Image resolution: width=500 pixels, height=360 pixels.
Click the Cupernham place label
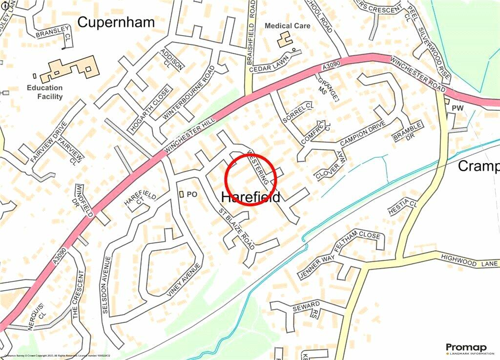[x=116, y=22]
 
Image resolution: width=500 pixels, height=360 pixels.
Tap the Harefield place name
[x=251, y=197]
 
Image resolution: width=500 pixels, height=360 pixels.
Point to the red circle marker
[x=251, y=179]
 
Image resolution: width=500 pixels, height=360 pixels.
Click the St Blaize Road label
[x=236, y=228]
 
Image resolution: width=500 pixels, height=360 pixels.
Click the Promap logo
[x=466, y=348]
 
